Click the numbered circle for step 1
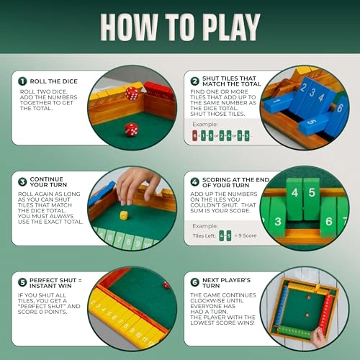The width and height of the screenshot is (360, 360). pyautogui.click(x=23, y=81)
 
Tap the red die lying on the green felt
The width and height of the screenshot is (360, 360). pyautogui.click(x=132, y=129)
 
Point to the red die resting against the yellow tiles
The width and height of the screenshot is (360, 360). pyautogui.click(x=132, y=93)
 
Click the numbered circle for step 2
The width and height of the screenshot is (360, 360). pyautogui.click(x=195, y=81)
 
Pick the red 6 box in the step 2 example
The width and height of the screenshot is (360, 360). pyautogui.click(x=194, y=134)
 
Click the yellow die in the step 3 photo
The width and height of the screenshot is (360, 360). pyautogui.click(x=124, y=215)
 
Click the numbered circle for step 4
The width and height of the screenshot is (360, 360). pyautogui.click(x=195, y=182)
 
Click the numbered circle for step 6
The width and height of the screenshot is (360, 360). pyautogui.click(x=195, y=283)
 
